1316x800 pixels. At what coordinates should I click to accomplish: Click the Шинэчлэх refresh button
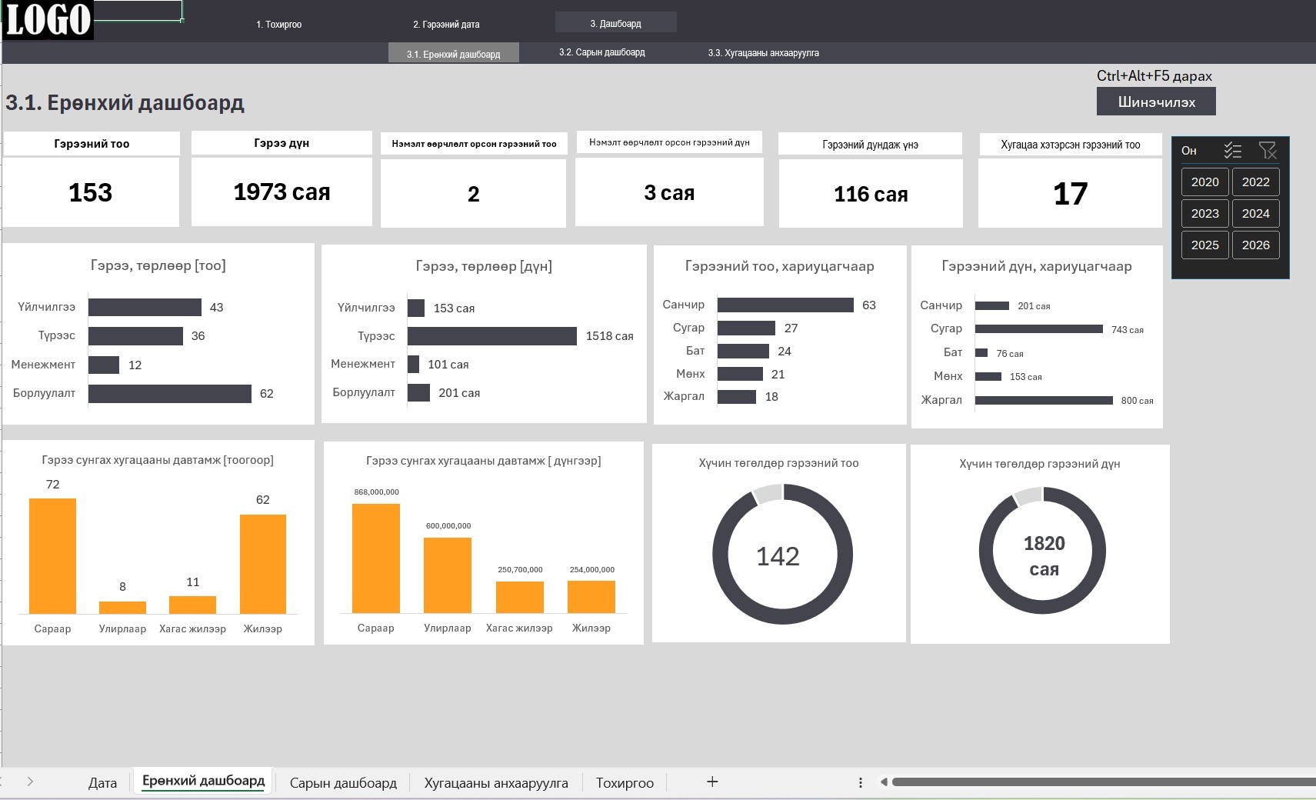tap(1155, 102)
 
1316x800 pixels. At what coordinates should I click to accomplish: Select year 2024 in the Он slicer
tap(1255, 213)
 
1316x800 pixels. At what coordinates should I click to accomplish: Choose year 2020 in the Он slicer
tap(1204, 182)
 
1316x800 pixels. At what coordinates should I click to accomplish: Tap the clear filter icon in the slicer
tap(1268, 151)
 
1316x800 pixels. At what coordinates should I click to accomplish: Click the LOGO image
tap(48, 20)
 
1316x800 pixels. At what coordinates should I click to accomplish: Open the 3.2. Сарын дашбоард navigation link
tap(601, 52)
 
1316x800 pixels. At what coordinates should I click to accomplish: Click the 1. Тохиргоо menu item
tap(278, 24)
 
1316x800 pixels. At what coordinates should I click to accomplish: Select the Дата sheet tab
tap(102, 782)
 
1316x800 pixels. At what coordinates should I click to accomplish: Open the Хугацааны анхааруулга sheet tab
tap(496, 782)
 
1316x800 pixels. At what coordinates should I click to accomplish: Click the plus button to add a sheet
tap(712, 782)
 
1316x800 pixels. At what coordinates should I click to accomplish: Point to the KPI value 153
tap(91, 192)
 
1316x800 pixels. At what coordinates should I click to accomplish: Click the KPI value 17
tap(1070, 194)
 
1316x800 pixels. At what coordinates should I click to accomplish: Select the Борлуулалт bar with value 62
tap(170, 394)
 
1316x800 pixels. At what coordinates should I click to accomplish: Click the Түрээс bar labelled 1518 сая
tap(491, 336)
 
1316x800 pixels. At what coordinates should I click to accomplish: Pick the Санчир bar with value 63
tap(785, 305)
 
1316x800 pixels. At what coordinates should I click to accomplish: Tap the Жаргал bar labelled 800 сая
tap(1044, 401)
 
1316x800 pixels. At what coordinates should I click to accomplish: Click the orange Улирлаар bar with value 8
tap(122, 608)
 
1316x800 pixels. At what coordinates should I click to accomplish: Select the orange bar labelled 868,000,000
tap(376, 558)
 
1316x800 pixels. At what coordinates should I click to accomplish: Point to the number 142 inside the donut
tap(778, 556)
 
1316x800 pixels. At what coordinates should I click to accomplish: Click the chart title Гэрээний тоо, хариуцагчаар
tap(780, 266)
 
